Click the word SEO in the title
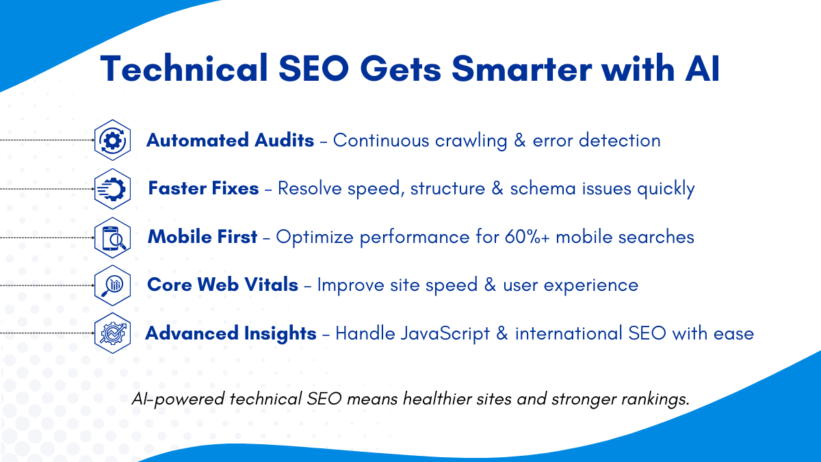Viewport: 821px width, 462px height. (x=313, y=68)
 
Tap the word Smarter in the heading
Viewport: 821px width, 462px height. (x=521, y=68)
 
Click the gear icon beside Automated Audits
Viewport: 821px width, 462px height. (x=112, y=140)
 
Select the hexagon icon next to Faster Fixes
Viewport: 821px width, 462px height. (x=112, y=189)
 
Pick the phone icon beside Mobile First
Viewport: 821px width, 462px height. (x=112, y=238)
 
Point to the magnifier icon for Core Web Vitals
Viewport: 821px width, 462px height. (x=112, y=285)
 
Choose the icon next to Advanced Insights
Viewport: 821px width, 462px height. (x=112, y=333)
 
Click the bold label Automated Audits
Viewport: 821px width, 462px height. (x=230, y=140)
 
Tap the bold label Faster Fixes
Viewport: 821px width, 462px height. (x=203, y=188)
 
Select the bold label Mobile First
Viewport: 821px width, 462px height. (x=203, y=237)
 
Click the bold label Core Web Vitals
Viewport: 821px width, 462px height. (x=222, y=285)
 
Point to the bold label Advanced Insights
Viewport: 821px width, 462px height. (x=231, y=333)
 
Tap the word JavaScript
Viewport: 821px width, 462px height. (x=445, y=334)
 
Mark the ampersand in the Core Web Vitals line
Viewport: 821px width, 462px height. (x=490, y=285)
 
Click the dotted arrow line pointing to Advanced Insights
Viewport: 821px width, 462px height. (x=47, y=333)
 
